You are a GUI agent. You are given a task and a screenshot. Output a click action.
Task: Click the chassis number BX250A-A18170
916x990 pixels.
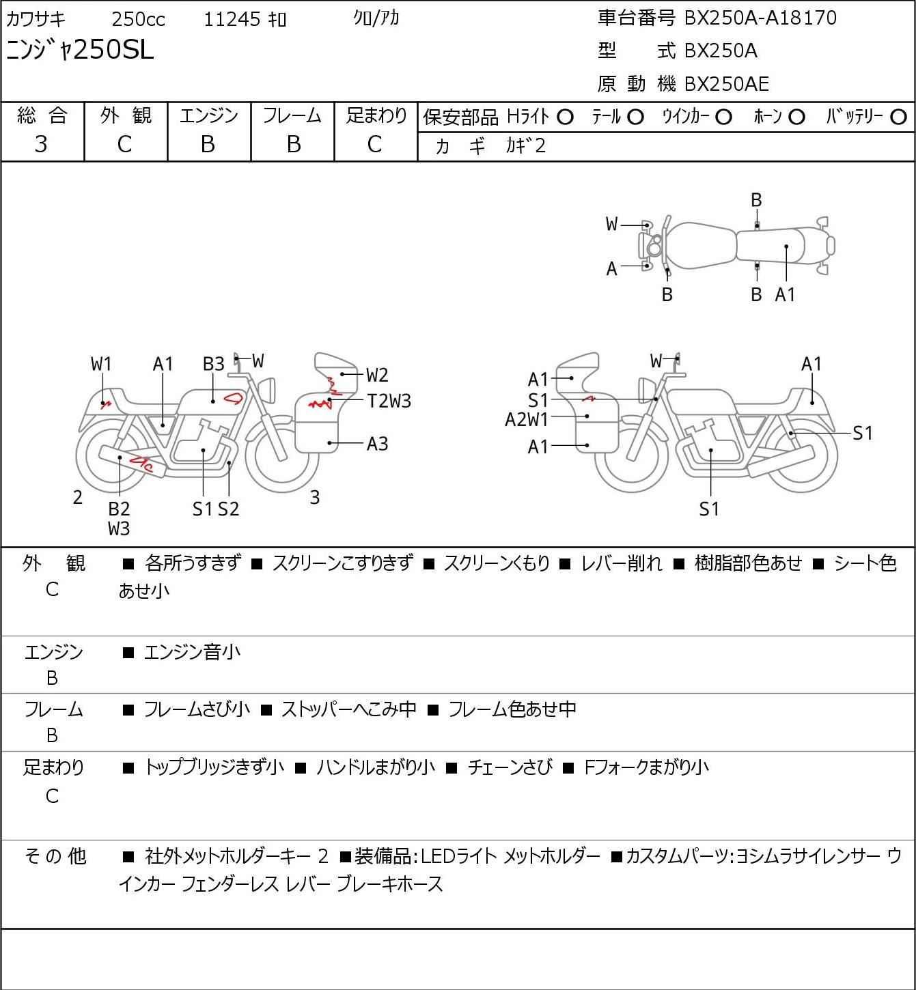760,18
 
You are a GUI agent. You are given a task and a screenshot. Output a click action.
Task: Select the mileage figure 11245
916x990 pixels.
232,19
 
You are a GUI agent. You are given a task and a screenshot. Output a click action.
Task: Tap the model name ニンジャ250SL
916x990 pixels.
80,50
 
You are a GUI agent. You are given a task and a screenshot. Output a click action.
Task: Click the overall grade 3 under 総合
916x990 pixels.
41,145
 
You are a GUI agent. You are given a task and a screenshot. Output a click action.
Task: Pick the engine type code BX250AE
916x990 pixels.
726,84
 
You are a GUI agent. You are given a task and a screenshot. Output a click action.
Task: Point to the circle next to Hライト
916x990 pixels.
565,117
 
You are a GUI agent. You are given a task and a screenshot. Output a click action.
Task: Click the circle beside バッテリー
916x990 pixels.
898,117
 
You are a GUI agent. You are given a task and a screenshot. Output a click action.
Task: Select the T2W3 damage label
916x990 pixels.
389,401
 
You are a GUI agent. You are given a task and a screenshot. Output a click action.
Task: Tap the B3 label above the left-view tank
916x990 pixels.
214,364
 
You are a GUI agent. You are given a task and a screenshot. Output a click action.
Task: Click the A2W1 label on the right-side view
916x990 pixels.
527,420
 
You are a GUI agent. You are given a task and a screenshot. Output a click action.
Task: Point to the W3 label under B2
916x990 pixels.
119,528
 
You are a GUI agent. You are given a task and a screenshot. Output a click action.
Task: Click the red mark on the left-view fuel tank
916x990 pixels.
234,398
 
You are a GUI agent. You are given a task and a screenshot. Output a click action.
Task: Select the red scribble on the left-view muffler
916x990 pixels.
141,464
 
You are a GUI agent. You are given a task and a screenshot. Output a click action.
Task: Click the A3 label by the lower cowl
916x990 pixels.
377,444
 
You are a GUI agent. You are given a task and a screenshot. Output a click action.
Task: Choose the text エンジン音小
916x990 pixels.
192,652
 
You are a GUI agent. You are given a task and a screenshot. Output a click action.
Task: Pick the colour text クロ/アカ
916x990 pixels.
376,18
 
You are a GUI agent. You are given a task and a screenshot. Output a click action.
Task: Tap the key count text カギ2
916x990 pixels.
526,145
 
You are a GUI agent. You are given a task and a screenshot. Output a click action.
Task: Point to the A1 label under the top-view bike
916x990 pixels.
785,294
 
